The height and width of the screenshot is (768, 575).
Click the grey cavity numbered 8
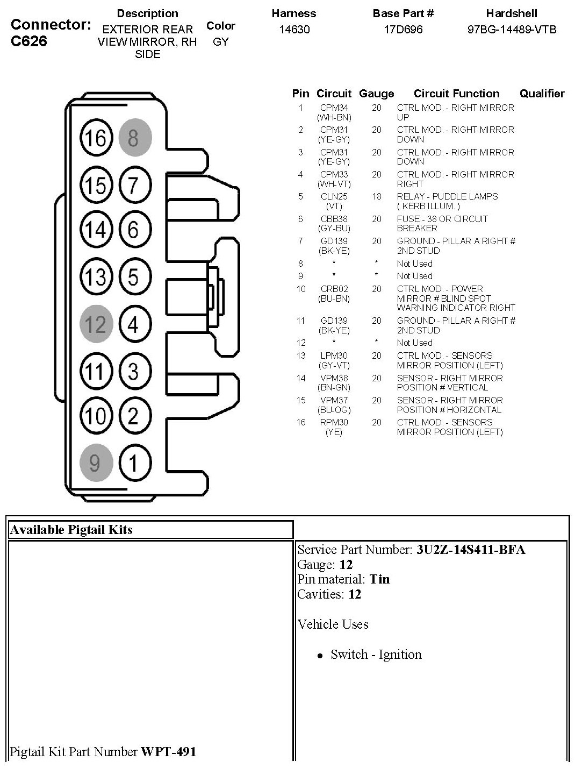point(135,138)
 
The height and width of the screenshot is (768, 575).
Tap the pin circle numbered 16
point(96,138)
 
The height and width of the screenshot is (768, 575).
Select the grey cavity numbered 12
point(96,324)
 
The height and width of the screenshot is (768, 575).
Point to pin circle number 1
point(135,463)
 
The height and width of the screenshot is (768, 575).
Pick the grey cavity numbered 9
point(96,463)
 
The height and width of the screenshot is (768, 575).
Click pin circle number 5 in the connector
point(135,278)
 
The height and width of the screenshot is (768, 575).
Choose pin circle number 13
point(96,278)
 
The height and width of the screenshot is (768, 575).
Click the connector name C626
point(29,41)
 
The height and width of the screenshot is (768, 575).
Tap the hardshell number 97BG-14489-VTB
point(512,29)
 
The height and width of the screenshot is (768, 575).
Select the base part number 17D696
point(403,29)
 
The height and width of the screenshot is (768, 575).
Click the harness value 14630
point(294,29)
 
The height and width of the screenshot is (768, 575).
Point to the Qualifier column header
point(542,94)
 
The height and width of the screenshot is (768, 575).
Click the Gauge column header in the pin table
point(376,94)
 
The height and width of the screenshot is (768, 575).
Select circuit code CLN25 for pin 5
point(334,196)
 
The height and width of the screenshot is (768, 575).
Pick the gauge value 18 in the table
point(376,196)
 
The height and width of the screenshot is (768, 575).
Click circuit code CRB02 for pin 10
point(334,289)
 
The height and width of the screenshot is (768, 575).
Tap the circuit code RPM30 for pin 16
point(334,422)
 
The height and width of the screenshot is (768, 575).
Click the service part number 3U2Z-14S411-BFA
point(471,549)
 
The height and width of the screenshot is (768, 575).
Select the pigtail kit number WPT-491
point(168,751)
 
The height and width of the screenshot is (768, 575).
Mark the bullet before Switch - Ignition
point(320,656)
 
